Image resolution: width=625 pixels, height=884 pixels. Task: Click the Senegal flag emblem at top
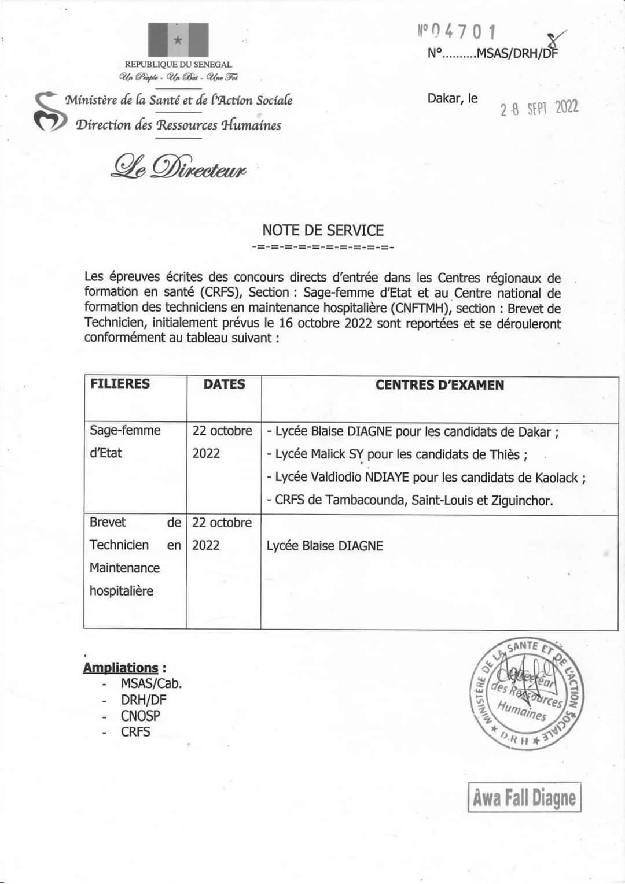click(178, 40)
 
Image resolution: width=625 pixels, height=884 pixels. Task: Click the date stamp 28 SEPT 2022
click(539, 108)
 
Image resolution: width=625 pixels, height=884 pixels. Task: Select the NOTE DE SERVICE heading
click(323, 230)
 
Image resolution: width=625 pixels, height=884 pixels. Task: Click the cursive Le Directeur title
click(179, 167)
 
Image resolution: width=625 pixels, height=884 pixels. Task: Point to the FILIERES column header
click(120, 384)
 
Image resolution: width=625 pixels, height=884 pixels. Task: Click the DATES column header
click(224, 384)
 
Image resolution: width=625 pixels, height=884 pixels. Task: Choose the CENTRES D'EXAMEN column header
click(439, 385)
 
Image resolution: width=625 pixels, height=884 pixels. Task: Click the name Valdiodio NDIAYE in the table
click(361, 478)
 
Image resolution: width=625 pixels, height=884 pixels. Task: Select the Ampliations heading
click(120, 668)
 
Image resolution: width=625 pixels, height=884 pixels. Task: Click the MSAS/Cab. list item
click(151, 683)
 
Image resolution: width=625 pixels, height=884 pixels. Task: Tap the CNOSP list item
click(140, 716)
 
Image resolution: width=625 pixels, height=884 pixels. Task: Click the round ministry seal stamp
click(527, 694)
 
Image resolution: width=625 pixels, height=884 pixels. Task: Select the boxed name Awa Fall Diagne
click(524, 798)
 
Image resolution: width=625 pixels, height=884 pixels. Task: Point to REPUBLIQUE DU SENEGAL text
click(178, 65)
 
